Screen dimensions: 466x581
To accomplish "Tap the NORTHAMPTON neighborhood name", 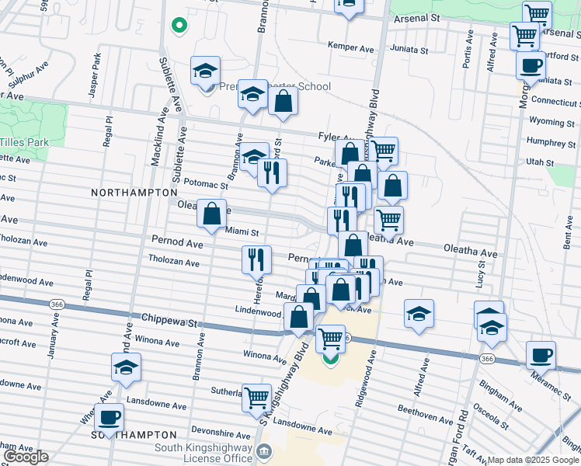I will (x=134, y=192).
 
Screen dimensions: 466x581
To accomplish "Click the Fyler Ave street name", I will (x=336, y=136).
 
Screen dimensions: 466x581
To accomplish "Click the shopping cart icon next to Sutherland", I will (x=257, y=397).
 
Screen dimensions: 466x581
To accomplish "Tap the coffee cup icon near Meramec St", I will (x=541, y=356).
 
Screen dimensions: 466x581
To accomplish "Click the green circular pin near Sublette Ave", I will (x=179, y=26).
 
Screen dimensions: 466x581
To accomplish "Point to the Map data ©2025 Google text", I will (x=533, y=461).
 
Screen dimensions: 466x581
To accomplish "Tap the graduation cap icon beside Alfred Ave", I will (x=419, y=314).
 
